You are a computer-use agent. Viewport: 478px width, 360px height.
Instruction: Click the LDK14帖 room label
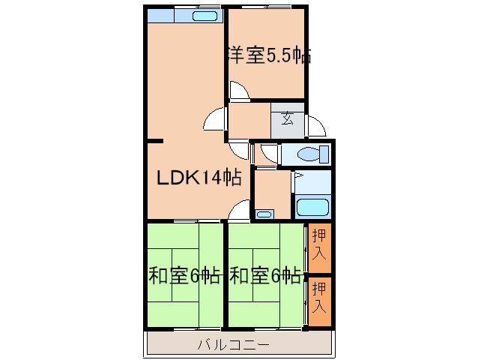[x=198, y=178]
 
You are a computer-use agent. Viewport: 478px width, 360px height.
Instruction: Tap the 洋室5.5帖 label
[x=268, y=55]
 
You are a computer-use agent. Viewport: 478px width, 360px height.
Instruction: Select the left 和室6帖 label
[x=184, y=275]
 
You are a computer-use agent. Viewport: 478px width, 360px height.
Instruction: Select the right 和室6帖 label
[x=265, y=275]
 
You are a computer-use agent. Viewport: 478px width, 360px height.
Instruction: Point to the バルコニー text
[x=232, y=345]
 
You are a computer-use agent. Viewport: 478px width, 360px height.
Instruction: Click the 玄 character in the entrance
[x=288, y=117]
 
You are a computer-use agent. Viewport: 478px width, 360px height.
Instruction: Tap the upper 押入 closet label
[x=319, y=244]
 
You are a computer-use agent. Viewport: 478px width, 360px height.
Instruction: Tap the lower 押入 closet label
[x=319, y=298]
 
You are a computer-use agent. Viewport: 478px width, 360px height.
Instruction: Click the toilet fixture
[x=312, y=154]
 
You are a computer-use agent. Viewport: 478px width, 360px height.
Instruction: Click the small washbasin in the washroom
[x=264, y=214]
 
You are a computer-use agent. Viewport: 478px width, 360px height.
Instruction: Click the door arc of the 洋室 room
[x=239, y=91]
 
